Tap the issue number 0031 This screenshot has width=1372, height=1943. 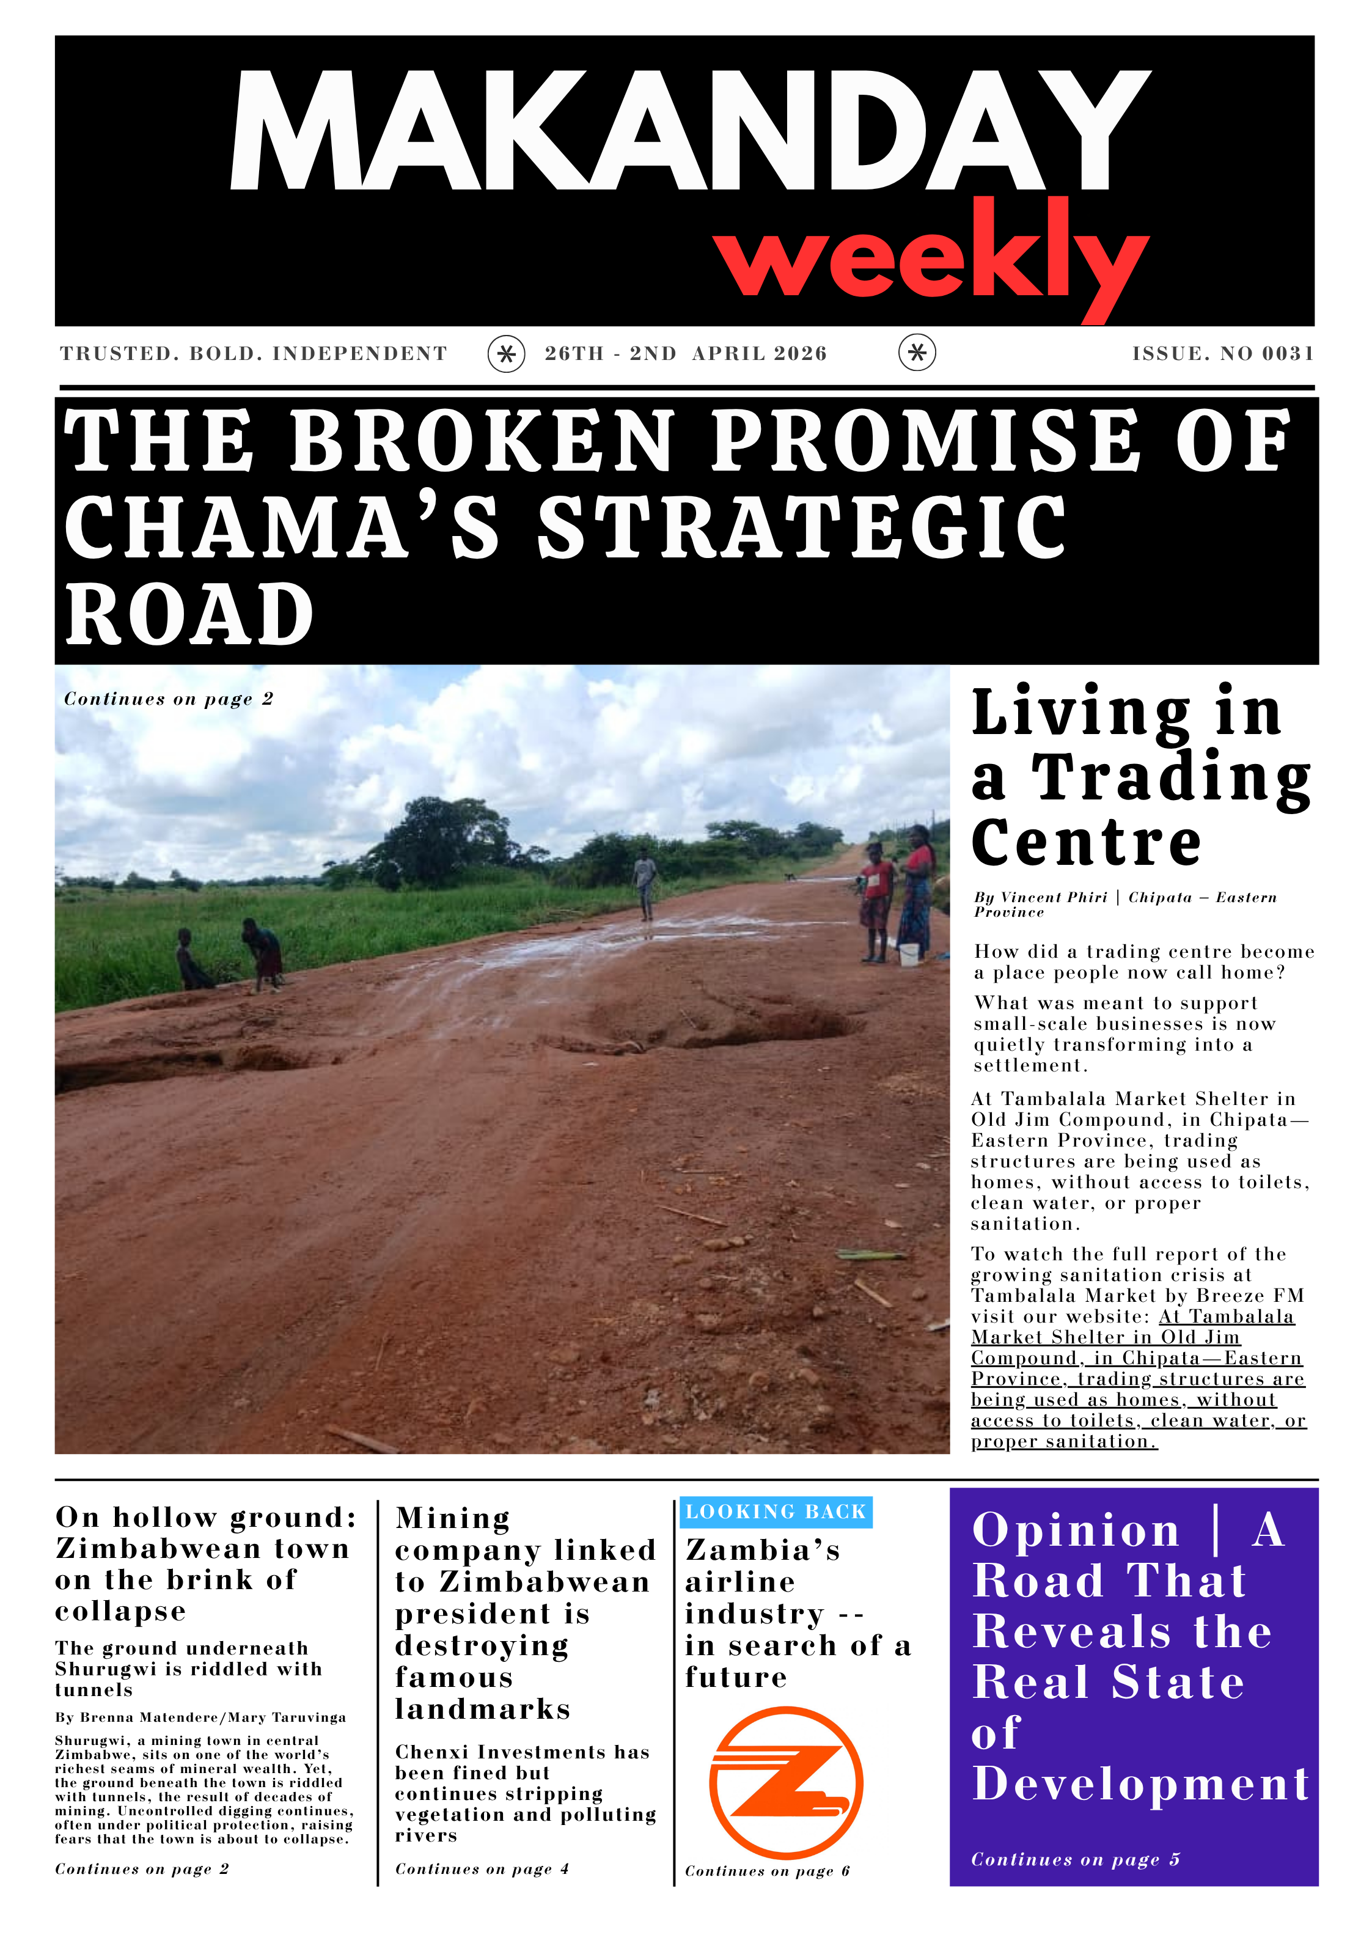pos(1288,354)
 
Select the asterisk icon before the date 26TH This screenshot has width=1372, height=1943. pos(506,354)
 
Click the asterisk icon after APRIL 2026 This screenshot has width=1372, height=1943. pos(917,353)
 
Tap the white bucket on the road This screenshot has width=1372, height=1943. pos(908,955)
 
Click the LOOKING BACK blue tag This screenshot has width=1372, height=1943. pos(776,1512)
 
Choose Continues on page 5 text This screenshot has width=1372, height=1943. pos(1075,1859)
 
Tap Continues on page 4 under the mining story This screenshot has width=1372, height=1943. pos(482,1868)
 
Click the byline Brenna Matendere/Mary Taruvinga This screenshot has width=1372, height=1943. pos(200,1718)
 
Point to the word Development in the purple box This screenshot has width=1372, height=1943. pos(1141,1784)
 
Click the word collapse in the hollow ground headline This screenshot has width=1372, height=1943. pos(120,1611)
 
